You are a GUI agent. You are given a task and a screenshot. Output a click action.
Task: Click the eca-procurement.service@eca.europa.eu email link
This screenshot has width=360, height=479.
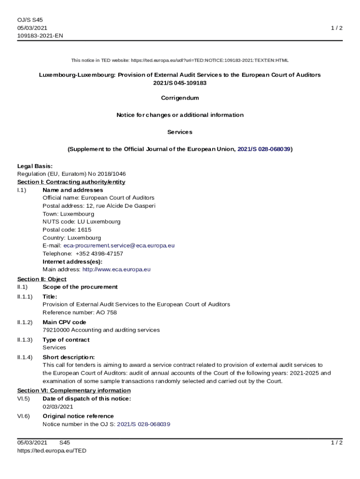click(119, 246)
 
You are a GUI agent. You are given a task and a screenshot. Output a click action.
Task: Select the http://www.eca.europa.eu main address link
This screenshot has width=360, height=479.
click(116, 269)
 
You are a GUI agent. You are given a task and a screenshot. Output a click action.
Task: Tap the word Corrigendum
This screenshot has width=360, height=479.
click(180, 98)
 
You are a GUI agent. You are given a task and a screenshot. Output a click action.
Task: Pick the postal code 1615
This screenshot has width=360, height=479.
click(84, 230)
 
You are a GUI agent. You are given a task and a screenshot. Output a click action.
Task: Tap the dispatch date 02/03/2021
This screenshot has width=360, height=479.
click(58, 406)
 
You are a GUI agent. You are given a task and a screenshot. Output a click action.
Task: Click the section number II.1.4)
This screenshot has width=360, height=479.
click(25, 357)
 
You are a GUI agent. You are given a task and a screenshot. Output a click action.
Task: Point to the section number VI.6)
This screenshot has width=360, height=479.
click(23, 416)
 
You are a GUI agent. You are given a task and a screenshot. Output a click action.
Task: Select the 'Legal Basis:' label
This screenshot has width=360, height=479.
click(35, 166)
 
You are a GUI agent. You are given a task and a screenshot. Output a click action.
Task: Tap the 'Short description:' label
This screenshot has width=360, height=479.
click(69, 357)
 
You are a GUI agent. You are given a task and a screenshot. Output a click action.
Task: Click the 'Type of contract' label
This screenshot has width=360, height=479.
click(66, 340)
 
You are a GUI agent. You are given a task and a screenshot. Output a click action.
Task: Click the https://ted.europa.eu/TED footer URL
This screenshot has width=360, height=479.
click(52, 451)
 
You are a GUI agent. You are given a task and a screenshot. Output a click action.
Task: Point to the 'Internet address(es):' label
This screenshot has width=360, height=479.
click(72, 261)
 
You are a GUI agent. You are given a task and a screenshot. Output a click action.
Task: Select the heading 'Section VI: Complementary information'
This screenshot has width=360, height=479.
click(74, 391)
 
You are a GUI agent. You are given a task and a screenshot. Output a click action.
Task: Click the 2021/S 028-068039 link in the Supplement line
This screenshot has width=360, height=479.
click(264, 149)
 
